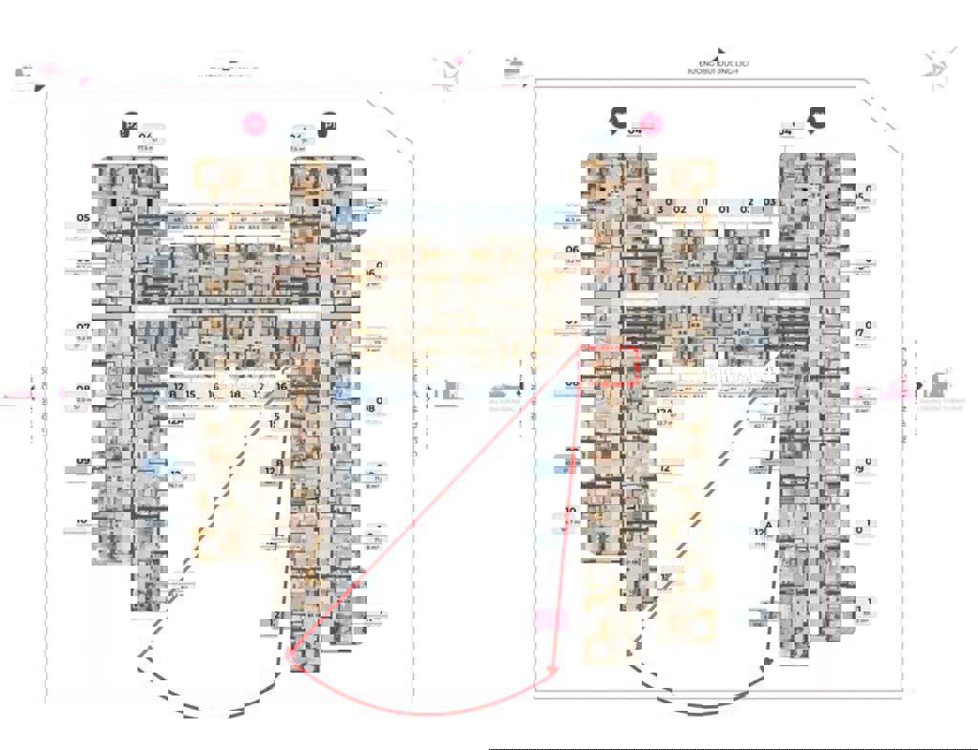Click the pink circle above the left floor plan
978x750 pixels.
click(254, 122)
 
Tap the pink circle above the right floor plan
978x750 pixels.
click(650, 122)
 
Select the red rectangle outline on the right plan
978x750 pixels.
click(608, 366)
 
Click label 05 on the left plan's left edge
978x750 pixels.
click(84, 218)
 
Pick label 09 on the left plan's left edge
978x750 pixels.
click(84, 461)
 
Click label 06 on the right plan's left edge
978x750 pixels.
click(573, 250)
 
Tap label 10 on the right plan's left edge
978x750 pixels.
click(570, 511)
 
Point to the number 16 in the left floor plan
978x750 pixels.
click(283, 387)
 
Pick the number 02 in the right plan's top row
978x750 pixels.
click(680, 209)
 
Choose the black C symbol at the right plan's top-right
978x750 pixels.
click(817, 118)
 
